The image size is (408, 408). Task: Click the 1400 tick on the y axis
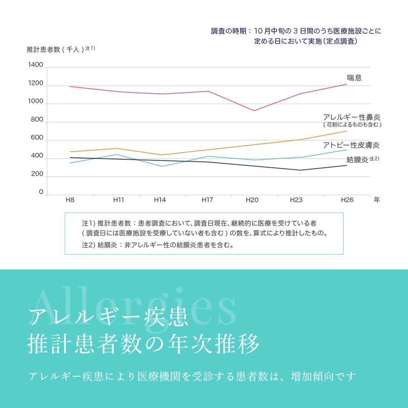pos(36,65)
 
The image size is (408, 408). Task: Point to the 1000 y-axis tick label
pos(36,102)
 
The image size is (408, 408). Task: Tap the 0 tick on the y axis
pos(41,192)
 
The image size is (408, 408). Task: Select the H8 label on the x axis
pos(70,200)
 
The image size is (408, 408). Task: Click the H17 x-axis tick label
pos(208,200)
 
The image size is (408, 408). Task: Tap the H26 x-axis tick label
pos(347,200)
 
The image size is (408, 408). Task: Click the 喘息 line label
pos(354,78)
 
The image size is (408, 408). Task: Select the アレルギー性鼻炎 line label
pos(352,117)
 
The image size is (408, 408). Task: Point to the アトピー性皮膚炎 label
pos(351,145)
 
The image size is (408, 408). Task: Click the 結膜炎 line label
pos(357,159)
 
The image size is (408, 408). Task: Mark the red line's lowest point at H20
pos(254,111)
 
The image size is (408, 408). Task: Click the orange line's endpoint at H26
pos(347,131)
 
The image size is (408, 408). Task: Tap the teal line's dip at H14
pos(162,166)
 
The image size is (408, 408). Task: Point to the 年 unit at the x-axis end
pos(377,200)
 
